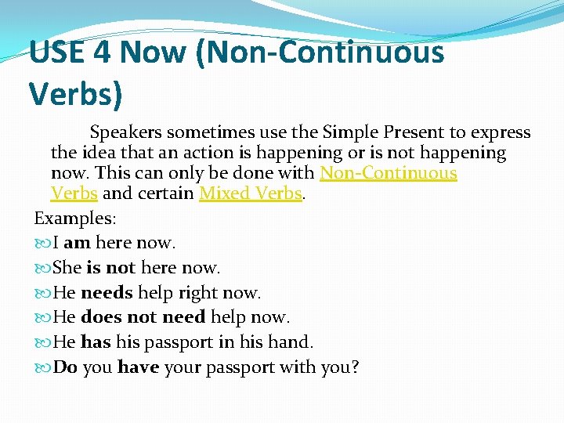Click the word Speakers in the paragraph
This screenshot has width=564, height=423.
[125, 132]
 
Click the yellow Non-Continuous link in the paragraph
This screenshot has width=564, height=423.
[388, 173]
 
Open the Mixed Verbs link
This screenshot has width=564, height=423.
[251, 193]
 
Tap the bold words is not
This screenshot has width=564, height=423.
[111, 268]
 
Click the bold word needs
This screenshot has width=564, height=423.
[107, 293]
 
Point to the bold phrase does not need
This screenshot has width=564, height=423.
[143, 317]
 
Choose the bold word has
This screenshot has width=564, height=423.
[96, 342]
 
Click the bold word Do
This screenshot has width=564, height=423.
[64, 367]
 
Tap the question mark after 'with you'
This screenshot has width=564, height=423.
[355, 367]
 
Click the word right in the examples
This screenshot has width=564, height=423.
[196, 293]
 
